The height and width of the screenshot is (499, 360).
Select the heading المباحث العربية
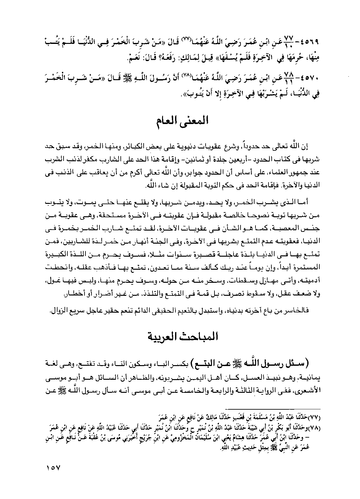pos(180,336)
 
